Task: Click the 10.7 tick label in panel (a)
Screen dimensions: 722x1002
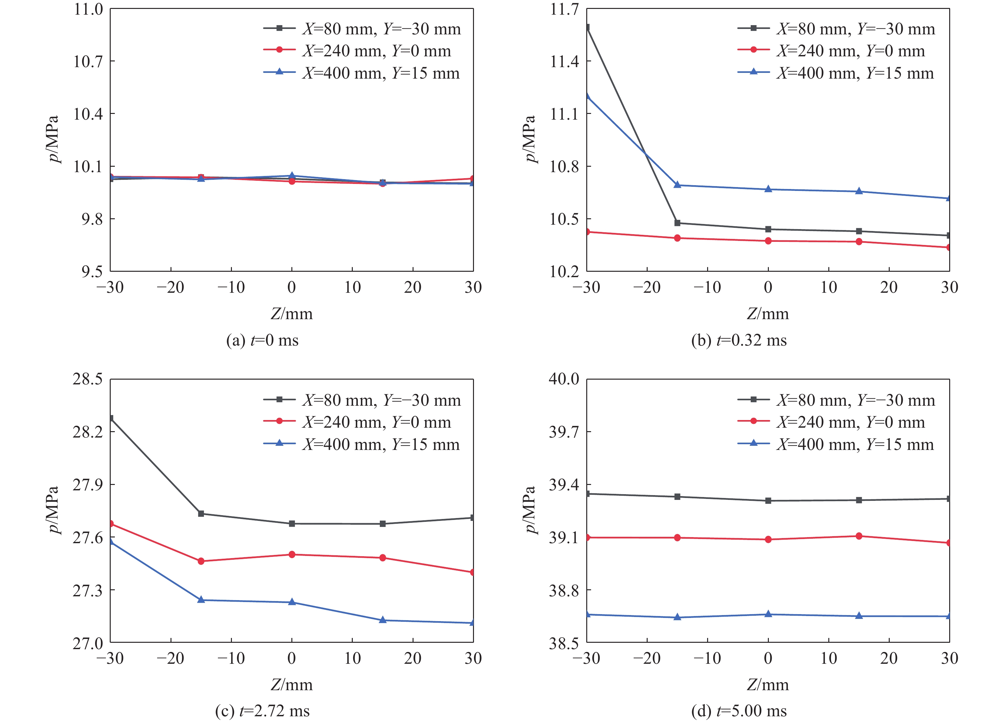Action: (88, 61)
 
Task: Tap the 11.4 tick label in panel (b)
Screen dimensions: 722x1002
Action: (564, 61)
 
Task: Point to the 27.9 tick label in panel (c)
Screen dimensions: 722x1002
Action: (88, 485)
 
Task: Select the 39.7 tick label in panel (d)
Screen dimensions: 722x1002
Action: (564, 432)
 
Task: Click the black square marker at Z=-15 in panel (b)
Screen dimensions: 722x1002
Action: (677, 223)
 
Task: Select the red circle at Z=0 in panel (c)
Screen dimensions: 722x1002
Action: (292, 555)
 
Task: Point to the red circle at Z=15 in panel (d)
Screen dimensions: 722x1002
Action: (859, 536)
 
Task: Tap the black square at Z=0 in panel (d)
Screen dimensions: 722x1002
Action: (768, 501)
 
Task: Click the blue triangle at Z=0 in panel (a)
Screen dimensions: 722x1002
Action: (292, 175)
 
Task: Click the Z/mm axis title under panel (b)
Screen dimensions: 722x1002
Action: (768, 314)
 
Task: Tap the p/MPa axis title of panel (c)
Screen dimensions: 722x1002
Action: (53, 510)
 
